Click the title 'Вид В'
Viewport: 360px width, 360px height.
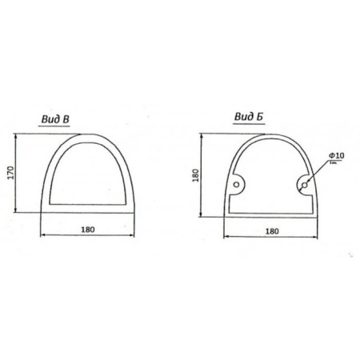(x=55, y=119)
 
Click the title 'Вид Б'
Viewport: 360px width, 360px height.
(x=249, y=117)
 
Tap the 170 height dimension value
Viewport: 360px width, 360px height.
(x=10, y=173)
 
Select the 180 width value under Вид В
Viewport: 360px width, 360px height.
(x=88, y=230)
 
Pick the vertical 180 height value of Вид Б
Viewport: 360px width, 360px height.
(x=196, y=175)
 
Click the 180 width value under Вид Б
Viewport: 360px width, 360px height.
(x=272, y=231)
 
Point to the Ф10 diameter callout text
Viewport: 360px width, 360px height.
(x=337, y=155)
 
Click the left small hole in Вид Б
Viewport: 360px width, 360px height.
(x=236, y=184)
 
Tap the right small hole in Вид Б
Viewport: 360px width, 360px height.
(x=305, y=185)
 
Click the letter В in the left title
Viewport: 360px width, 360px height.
(x=66, y=119)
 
